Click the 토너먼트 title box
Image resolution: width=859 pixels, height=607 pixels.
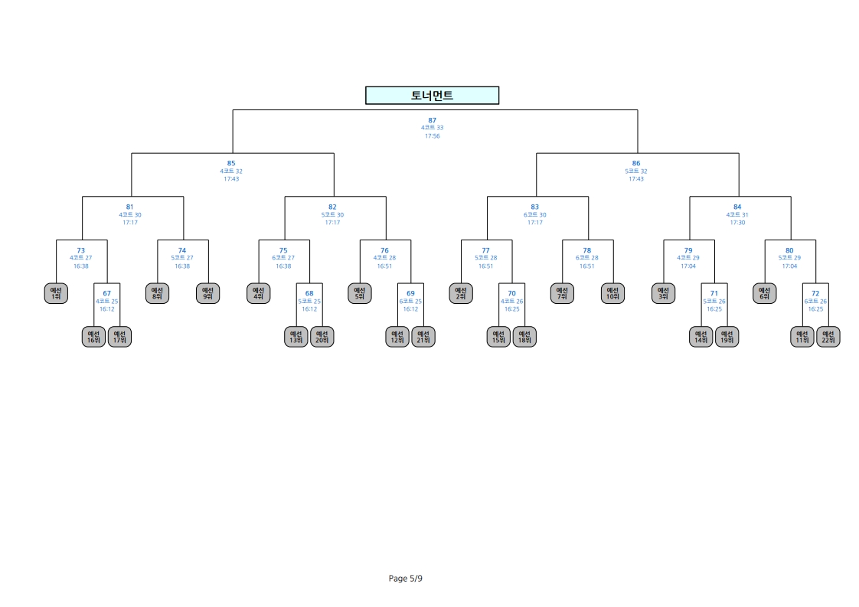click(x=433, y=96)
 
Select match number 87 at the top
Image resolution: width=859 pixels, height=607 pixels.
click(x=433, y=120)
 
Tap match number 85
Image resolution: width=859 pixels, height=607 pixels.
click(x=231, y=163)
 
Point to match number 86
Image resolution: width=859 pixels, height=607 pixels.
click(x=636, y=163)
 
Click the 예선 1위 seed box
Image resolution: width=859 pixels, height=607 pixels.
click(x=56, y=293)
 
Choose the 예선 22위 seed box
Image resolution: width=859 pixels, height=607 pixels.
click(x=828, y=336)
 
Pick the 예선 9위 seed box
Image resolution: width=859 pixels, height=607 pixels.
click(x=207, y=293)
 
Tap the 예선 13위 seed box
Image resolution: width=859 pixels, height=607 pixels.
click(x=296, y=336)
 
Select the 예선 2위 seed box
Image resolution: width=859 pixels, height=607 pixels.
click(x=461, y=293)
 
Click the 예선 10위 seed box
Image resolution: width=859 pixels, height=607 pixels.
click(x=612, y=293)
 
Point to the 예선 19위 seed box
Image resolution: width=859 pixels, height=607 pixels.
click(x=727, y=336)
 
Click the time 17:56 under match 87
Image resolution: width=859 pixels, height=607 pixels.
click(x=433, y=135)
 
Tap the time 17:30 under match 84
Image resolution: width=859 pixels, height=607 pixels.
click(x=737, y=223)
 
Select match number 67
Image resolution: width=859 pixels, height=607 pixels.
click(x=107, y=294)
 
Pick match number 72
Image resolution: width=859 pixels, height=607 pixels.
click(x=815, y=294)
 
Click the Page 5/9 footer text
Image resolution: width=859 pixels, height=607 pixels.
click(x=406, y=579)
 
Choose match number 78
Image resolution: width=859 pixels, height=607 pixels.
click(x=586, y=250)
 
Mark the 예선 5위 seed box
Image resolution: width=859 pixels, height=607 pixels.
click(x=359, y=293)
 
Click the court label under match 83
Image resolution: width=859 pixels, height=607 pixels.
click(x=534, y=215)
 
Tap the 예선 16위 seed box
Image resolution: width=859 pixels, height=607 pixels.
click(x=93, y=336)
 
